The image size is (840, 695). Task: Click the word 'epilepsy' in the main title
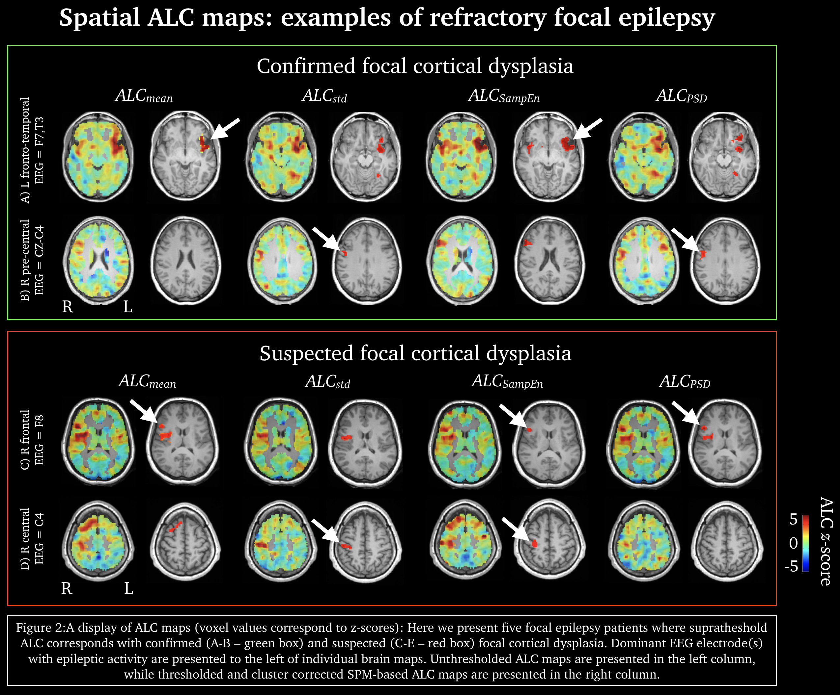click(x=666, y=18)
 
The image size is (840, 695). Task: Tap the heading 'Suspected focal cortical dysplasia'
click(x=415, y=353)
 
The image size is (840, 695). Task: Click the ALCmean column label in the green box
click(x=144, y=96)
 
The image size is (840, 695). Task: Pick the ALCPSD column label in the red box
click(x=685, y=382)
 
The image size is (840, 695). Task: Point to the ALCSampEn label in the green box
click(x=504, y=96)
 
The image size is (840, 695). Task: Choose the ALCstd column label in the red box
click(x=327, y=382)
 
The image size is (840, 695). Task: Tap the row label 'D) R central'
click(x=25, y=538)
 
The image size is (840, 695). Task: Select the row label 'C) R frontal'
click(x=25, y=440)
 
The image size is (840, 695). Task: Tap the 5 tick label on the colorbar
click(x=793, y=519)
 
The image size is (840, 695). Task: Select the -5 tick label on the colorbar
click(x=791, y=566)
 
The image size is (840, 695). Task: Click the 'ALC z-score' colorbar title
click(x=826, y=542)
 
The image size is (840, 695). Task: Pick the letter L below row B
click(x=127, y=307)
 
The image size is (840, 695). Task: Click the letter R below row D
click(x=67, y=588)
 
